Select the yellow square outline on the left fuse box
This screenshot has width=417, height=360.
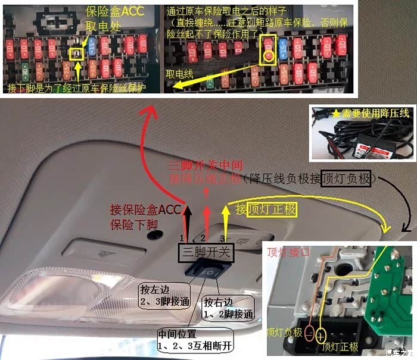click(76, 54)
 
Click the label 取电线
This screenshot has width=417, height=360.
click(182, 74)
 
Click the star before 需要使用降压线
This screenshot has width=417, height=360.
click(335, 112)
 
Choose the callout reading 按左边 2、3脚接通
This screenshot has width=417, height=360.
click(164, 296)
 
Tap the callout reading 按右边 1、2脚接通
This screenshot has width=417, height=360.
click(228, 308)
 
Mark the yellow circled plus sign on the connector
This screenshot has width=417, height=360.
click(322, 334)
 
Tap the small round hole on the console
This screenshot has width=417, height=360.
click(153, 234)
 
